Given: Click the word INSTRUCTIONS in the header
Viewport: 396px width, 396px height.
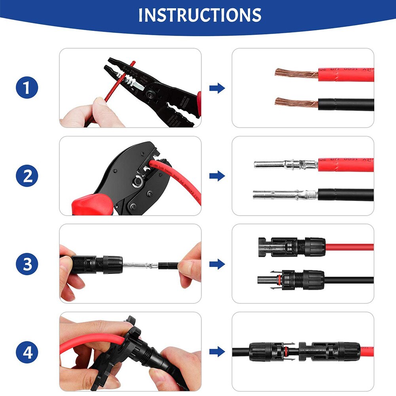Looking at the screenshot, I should tap(200, 15).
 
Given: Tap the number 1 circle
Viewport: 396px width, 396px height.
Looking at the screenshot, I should tap(27, 88).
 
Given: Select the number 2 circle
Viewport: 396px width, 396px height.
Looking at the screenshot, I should tap(27, 176).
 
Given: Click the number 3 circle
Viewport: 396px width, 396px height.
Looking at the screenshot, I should tap(27, 264).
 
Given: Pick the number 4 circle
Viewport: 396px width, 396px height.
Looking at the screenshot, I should tap(27, 352).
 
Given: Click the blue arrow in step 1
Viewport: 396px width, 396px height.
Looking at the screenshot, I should tap(217, 88).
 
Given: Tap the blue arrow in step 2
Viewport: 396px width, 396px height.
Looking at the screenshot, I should tap(217, 176).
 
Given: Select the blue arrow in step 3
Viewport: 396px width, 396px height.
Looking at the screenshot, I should tap(217, 264).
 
